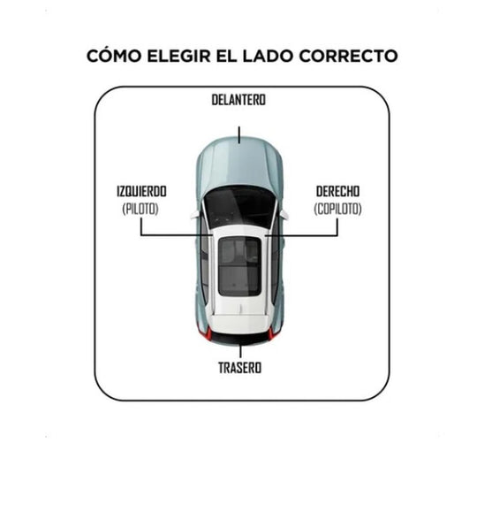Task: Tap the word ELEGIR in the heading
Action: coord(178,56)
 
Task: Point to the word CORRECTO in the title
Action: coord(348,56)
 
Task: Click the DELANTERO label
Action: coord(238,100)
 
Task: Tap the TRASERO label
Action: coord(239,368)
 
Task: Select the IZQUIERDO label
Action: coord(141,191)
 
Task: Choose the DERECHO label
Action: coord(337,191)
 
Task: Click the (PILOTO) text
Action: coord(140,209)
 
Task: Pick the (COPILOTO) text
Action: coord(337,209)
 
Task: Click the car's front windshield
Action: coord(239,206)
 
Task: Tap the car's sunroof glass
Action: coord(239,266)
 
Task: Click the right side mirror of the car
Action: coord(284,214)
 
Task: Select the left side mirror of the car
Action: coord(195,215)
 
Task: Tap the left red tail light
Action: coord(208,333)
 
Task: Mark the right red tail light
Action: coord(271,333)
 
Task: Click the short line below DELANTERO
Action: coord(239,135)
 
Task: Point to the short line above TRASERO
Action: coord(240,351)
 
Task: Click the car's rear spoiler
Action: coord(239,324)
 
